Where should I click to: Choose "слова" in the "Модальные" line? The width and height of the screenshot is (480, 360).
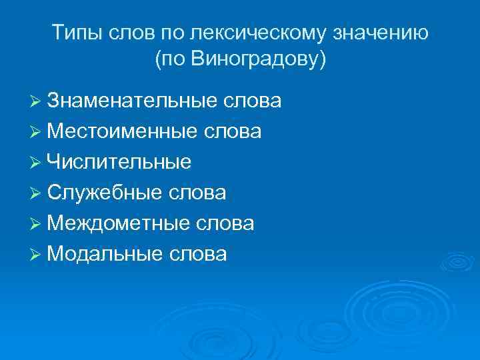tap(199, 254)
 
